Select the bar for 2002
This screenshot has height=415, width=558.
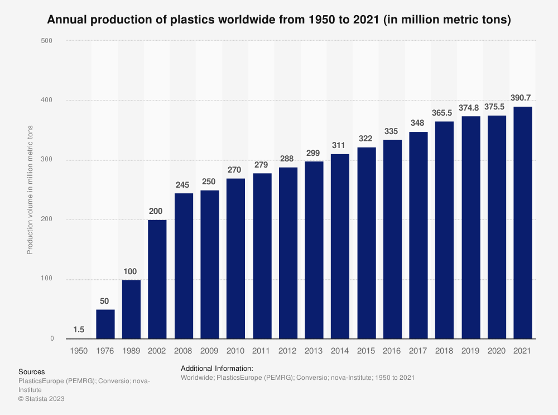157,279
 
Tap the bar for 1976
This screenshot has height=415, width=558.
105,324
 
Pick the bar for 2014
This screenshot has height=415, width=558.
340,246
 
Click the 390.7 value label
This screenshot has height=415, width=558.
523,98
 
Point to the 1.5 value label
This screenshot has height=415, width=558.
79,330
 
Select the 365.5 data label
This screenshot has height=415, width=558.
444,113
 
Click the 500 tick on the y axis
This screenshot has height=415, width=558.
47,41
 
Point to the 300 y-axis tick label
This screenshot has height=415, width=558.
47,160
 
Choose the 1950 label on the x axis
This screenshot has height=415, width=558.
79,350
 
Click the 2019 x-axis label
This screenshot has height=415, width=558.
470,350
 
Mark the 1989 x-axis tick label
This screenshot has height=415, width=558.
131,350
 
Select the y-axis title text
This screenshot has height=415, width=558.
30,190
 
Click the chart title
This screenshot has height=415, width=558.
279,20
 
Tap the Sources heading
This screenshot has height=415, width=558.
31,371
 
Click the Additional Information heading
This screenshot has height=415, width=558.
217,369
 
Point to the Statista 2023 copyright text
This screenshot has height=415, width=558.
42,398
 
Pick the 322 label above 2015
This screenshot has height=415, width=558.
366,139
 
